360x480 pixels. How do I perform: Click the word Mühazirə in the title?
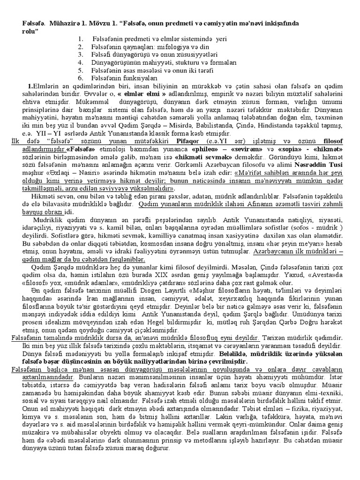pos(63,23)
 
